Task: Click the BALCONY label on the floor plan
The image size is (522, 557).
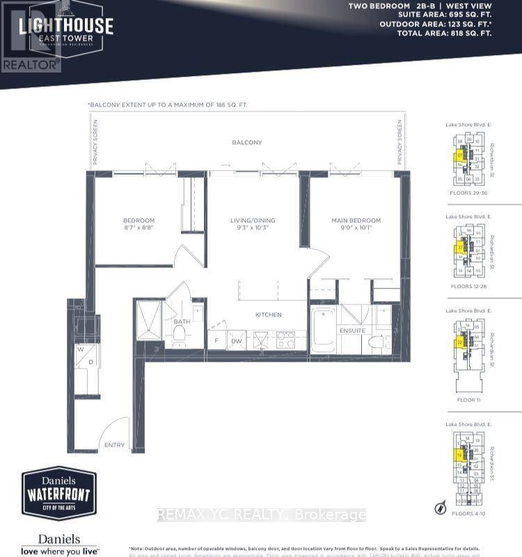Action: [248, 142]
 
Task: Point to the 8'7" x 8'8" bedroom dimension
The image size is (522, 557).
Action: [139, 228]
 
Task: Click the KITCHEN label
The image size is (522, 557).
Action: [268, 315]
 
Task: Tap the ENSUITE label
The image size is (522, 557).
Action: [353, 330]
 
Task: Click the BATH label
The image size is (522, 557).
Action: [182, 321]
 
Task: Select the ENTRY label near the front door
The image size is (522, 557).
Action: [114, 445]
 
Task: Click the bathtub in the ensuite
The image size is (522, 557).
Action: [324, 329]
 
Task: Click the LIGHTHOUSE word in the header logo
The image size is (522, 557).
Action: [65, 25]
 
